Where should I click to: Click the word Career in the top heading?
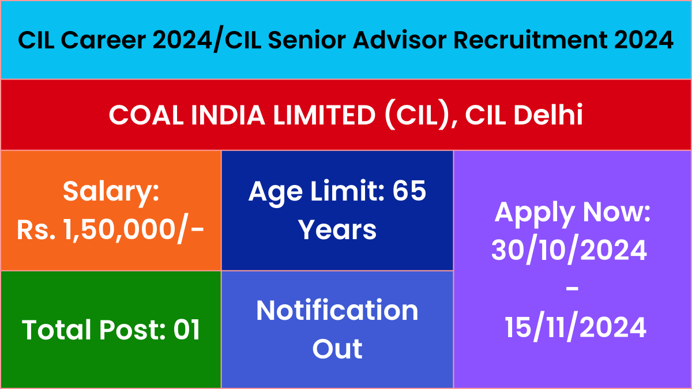pyautogui.click(x=103, y=40)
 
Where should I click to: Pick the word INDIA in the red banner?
pyautogui.click(x=228, y=115)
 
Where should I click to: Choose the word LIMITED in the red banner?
pyautogui.click(x=324, y=115)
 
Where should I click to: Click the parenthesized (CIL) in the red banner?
pyautogui.click(x=416, y=115)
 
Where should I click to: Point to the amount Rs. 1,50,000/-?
pyautogui.click(x=110, y=231)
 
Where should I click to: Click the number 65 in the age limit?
pyautogui.click(x=409, y=191)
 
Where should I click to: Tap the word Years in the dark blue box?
pyautogui.click(x=337, y=230)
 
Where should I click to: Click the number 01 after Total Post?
pyautogui.click(x=187, y=330)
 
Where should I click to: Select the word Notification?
pyautogui.click(x=337, y=310)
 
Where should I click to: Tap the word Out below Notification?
pyautogui.click(x=337, y=349)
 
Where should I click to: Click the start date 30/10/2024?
pyautogui.click(x=569, y=250)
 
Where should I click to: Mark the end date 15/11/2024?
pyautogui.click(x=576, y=328)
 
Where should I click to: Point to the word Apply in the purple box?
pyautogui.click(x=535, y=214)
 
